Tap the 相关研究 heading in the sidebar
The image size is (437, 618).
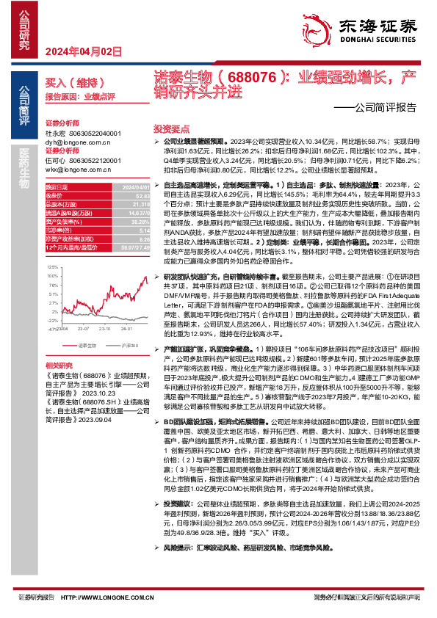tap(59, 366)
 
